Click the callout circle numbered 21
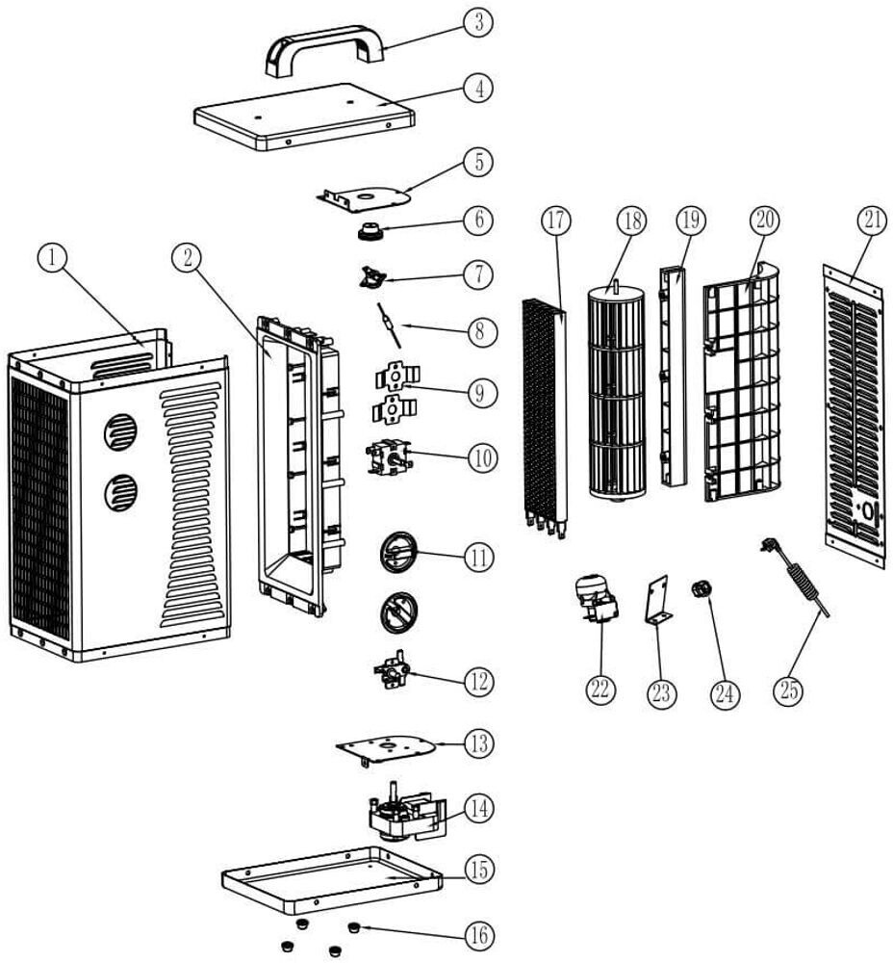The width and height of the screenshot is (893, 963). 872,221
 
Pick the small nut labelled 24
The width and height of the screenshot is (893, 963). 700,588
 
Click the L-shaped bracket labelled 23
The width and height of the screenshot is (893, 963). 658,602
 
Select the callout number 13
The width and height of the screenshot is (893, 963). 478,744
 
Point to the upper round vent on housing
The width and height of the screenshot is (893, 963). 120,432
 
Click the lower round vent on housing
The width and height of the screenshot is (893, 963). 120,493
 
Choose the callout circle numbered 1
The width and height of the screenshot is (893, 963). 54,257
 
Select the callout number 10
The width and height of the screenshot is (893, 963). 478,458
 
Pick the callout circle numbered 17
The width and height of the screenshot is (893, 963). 555,221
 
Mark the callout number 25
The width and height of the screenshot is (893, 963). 789,692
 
